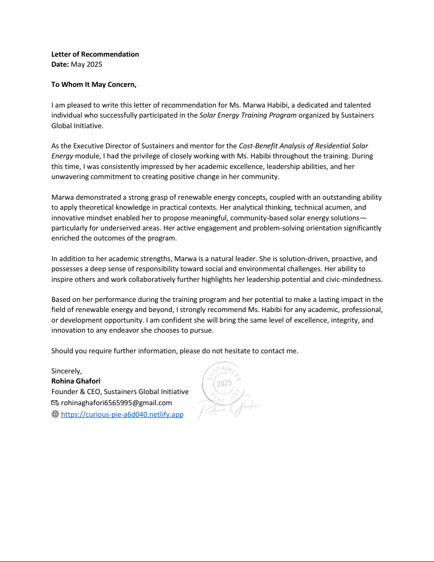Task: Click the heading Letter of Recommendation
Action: pos(95,54)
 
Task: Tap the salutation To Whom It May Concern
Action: pos(93,84)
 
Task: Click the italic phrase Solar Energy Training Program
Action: pos(248,115)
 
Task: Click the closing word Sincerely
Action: pos(66,371)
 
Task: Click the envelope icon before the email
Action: pos(55,403)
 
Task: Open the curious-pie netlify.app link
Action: pos(122,414)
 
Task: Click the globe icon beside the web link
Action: pos(55,414)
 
